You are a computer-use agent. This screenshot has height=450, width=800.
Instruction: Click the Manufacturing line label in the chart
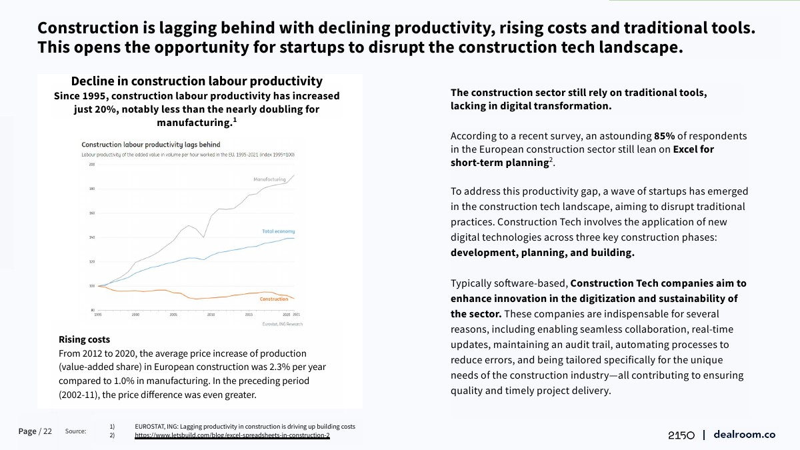269,179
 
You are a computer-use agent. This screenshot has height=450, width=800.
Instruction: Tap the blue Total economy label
278,231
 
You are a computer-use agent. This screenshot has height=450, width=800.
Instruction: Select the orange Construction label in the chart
274,299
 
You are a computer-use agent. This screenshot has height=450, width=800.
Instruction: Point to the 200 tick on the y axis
92,164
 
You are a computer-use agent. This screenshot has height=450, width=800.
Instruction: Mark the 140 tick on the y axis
92,237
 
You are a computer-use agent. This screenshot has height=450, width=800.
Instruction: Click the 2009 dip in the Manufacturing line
203,237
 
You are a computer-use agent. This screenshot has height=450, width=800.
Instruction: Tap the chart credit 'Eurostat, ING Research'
283,324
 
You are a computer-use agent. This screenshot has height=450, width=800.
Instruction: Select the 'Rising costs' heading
84,340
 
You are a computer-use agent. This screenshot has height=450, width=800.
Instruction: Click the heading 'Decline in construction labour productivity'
197,81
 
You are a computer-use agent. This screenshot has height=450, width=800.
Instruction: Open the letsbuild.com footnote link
232,435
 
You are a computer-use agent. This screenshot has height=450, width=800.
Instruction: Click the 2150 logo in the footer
681,435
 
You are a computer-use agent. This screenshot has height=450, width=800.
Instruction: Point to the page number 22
47,431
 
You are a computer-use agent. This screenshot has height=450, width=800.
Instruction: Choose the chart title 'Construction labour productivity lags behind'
151,145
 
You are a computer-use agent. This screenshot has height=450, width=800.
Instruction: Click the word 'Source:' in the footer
75,431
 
